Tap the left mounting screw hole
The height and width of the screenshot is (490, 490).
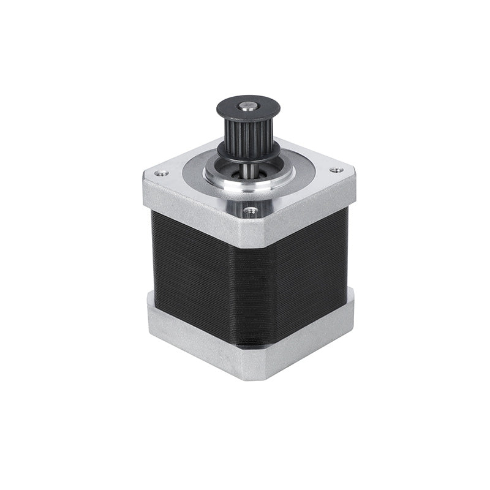161,173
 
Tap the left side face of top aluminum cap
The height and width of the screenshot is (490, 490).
184,205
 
